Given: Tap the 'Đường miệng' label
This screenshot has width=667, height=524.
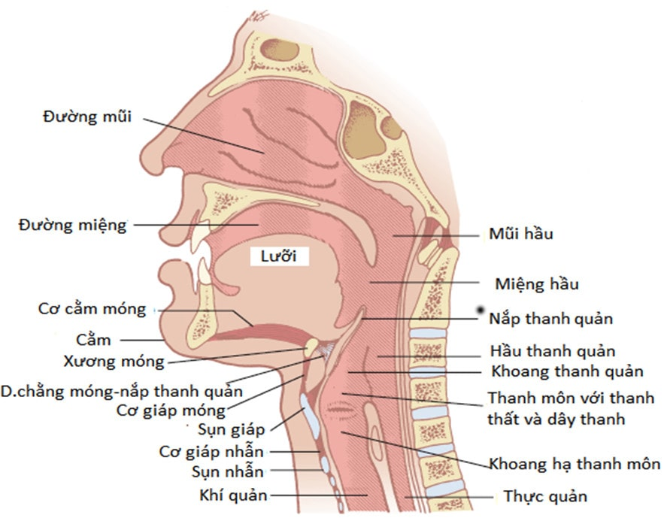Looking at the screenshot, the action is (x=74, y=225).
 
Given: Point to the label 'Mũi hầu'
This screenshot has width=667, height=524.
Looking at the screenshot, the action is (x=522, y=234).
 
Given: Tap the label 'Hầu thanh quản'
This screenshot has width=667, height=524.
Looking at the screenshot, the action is (x=553, y=351).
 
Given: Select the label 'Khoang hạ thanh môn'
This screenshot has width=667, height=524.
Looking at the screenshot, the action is (x=575, y=464).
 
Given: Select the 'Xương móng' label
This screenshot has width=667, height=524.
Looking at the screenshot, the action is (x=124, y=362).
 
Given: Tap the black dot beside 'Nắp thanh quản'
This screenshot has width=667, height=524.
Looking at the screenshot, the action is (x=479, y=310).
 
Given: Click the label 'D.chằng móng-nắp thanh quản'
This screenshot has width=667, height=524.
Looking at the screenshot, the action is (x=121, y=391).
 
